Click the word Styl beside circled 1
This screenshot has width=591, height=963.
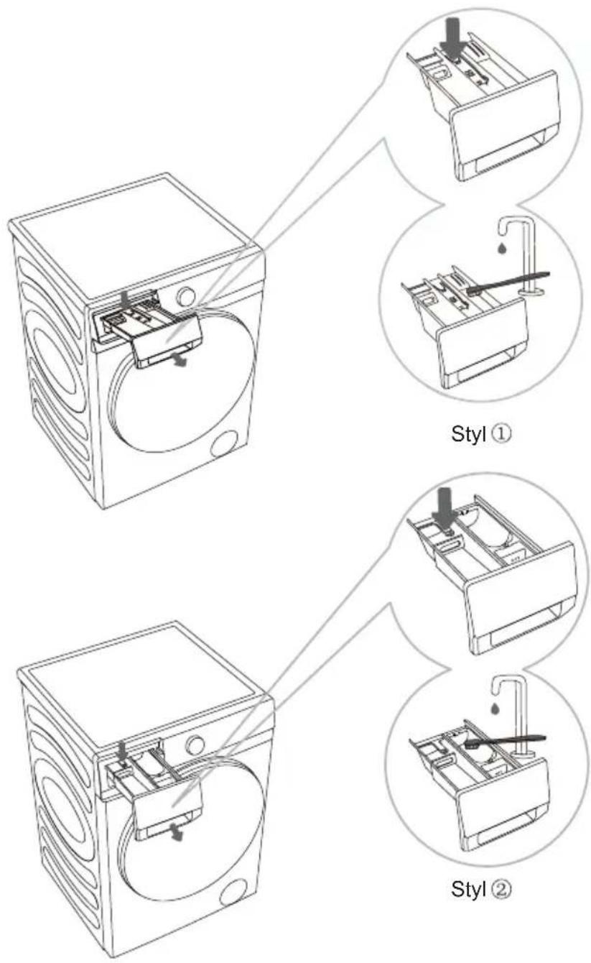click(468, 434)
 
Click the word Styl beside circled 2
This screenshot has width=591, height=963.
click(468, 889)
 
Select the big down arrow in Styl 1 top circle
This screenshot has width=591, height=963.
click(452, 45)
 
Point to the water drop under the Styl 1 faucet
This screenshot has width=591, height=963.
click(501, 249)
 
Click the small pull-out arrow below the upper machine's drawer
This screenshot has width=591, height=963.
click(180, 361)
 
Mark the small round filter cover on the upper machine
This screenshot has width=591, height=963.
click(225, 443)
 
